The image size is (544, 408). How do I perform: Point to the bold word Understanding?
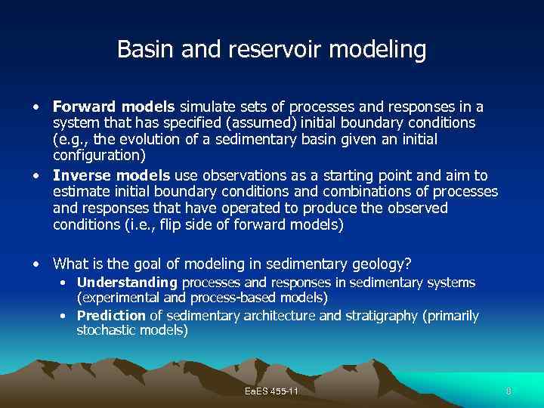(x=127, y=283)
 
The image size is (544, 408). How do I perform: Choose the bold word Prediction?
(x=111, y=316)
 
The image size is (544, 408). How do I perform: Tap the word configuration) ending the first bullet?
(x=97, y=156)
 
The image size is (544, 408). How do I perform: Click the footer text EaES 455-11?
(x=272, y=391)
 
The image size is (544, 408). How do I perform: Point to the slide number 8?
(x=508, y=391)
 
